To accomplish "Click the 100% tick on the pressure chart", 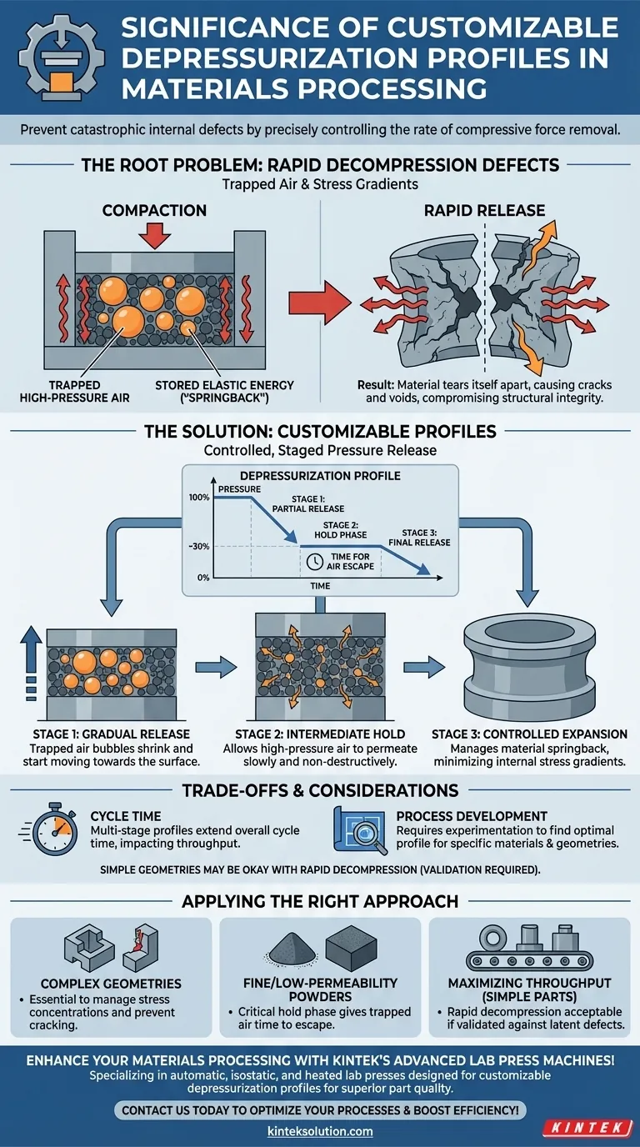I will pyautogui.click(x=200, y=498).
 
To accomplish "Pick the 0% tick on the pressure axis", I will pyautogui.click(x=203, y=578).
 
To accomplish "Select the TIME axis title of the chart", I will pyautogui.click(x=320, y=587).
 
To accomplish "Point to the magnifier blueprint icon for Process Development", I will pyautogui.click(x=361, y=830).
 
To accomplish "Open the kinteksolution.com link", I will pyautogui.click(x=320, y=1131).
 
